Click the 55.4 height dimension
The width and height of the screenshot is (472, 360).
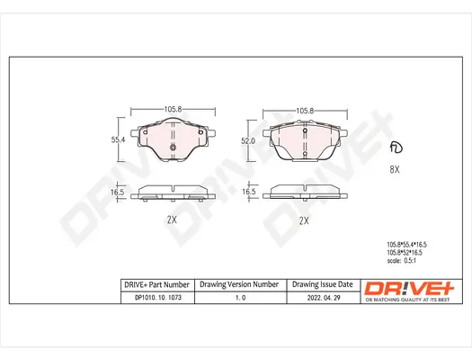(x=116, y=140)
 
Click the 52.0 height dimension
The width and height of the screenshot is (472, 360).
(x=249, y=141)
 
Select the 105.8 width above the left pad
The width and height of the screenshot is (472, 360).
(x=173, y=109)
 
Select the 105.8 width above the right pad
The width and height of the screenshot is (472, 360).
(x=304, y=110)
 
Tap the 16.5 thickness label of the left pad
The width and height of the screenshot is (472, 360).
(x=116, y=192)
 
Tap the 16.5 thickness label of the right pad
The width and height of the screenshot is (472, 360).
(x=249, y=192)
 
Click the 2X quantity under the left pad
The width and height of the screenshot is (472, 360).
(x=172, y=220)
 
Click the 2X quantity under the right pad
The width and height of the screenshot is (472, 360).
(x=303, y=220)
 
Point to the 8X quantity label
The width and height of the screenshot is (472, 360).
(x=393, y=168)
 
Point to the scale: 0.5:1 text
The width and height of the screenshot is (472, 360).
(x=405, y=263)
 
